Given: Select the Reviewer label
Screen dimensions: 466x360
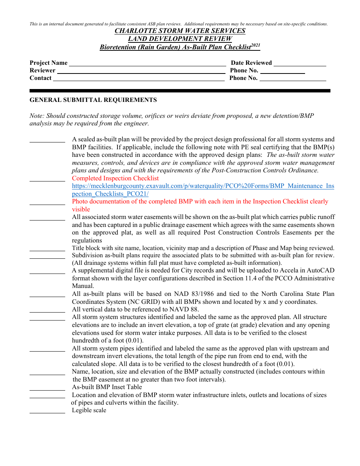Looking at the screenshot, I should pyautogui.click(x=42, y=70).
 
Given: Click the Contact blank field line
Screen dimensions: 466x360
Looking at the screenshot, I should pyautogui.click(x=139, y=80).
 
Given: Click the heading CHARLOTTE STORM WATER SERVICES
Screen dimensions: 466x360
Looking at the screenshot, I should pyautogui.click(x=180, y=31).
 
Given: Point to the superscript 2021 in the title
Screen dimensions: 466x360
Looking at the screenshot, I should pyautogui.click(x=256, y=45).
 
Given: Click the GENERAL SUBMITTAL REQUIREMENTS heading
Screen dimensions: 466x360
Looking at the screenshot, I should pyautogui.click(x=93, y=100).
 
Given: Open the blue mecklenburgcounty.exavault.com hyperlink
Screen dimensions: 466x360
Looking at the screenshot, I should pyautogui.click(x=203, y=186).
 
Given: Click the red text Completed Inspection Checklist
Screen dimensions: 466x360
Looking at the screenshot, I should pyautogui.click(x=115, y=178).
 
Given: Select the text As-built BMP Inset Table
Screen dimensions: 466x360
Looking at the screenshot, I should pyautogui.click(x=107, y=387).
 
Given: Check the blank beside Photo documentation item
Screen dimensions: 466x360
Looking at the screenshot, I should pyautogui.click(x=47, y=204).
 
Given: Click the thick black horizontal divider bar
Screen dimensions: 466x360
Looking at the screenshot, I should pyautogui.click(x=180, y=91).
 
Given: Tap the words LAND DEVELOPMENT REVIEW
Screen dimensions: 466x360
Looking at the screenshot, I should pyautogui.click(x=180, y=39).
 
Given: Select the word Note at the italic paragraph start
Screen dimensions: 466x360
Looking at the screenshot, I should pyautogui.click(x=36, y=116).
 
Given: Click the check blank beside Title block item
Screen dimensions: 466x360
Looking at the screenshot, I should pyautogui.click(x=47, y=250).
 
